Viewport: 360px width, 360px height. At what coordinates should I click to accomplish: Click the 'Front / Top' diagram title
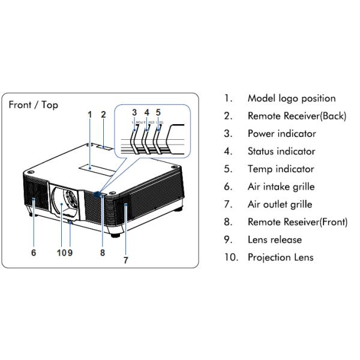click(x=34, y=105)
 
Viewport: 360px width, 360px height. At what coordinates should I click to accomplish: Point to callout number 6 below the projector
click(x=34, y=253)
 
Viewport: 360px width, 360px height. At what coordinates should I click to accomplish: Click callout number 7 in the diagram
click(x=125, y=260)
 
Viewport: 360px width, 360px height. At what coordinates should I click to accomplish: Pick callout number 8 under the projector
click(x=103, y=253)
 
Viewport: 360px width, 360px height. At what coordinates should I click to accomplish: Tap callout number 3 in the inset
click(x=134, y=112)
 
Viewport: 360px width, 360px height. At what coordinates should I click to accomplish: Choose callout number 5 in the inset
click(x=158, y=112)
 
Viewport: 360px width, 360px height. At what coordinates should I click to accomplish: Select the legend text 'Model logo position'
click(x=292, y=98)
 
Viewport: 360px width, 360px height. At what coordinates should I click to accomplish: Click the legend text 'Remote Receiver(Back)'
click(x=296, y=116)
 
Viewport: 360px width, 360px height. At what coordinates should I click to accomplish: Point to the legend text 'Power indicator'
click(x=281, y=134)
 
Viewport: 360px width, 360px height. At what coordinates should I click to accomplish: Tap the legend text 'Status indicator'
click(x=281, y=151)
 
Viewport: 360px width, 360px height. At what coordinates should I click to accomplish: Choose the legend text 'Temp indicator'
click(x=280, y=169)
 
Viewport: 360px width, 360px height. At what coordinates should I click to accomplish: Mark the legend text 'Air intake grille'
click(x=281, y=187)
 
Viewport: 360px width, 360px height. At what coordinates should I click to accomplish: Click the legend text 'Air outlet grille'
click(x=280, y=205)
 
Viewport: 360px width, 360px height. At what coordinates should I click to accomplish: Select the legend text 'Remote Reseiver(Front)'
click(x=297, y=222)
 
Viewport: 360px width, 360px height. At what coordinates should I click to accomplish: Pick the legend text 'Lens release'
click(x=274, y=240)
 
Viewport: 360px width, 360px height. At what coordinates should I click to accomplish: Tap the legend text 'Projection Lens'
click(x=280, y=257)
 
